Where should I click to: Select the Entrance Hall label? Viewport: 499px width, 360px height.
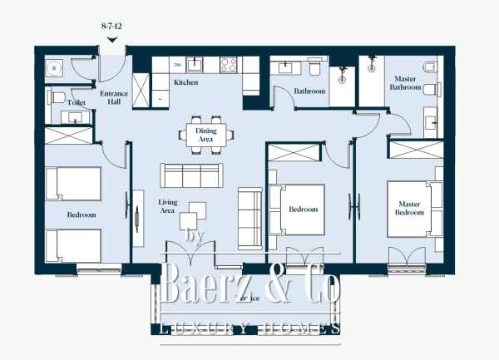[113, 99]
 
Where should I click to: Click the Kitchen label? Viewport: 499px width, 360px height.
[185, 83]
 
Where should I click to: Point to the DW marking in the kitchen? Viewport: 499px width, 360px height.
[177, 64]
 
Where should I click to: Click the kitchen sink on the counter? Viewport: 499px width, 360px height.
[197, 64]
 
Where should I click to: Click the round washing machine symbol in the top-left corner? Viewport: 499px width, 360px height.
[55, 67]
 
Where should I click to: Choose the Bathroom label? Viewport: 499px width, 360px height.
[310, 91]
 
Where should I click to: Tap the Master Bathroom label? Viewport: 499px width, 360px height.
[405, 82]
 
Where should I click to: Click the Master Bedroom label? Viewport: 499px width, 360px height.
[409, 207]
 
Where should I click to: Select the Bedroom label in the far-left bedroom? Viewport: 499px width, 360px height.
[82, 215]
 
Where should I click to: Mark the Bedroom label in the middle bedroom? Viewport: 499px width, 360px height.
[303, 210]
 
